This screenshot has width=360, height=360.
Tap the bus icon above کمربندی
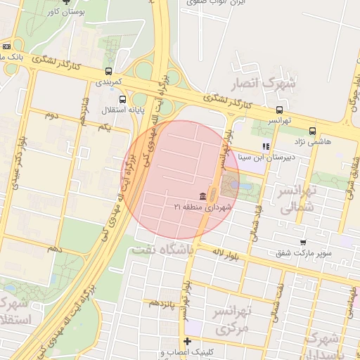point(108,71)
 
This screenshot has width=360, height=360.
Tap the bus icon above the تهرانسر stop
point(280,110)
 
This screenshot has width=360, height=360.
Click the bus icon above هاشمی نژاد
point(312,130)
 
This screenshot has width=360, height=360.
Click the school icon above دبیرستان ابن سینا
point(266,147)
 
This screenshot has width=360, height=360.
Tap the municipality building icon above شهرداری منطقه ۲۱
point(202,195)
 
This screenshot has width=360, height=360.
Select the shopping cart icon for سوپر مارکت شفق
point(303,242)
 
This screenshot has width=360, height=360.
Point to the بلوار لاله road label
point(229,255)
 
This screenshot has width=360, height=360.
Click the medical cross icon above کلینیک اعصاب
point(186,341)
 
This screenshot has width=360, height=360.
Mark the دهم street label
point(54,249)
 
